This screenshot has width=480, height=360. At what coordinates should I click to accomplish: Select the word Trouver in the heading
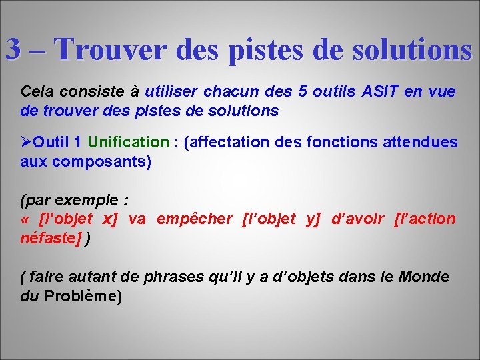[x=109, y=49]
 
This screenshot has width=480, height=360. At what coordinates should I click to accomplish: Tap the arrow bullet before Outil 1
[x=27, y=142]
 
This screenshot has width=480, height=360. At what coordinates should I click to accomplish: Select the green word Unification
[x=129, y=142]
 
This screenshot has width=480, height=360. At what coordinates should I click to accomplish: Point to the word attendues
[x=421, y=142]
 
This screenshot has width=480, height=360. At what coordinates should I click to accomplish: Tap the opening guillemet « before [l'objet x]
[x=27, y=219]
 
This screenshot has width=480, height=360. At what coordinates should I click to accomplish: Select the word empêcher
[x=194, y=219]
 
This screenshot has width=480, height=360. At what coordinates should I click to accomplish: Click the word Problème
[x=82, y=296]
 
